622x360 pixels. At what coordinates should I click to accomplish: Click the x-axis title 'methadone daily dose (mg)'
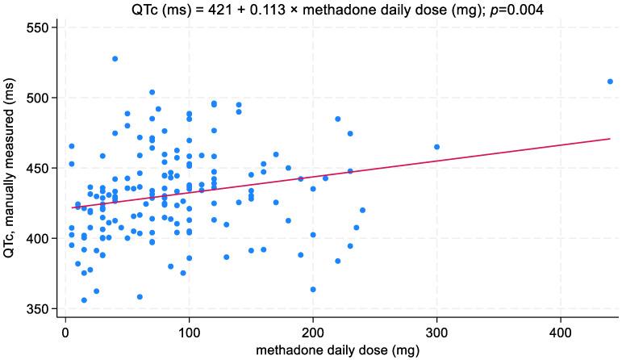337,351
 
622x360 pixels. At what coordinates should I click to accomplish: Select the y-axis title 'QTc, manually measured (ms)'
10,169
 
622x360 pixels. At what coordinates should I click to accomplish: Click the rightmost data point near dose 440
610,82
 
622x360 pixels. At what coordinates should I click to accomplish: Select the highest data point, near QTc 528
115,59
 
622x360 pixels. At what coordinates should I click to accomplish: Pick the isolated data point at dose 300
436,147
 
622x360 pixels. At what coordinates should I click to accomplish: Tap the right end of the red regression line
609,139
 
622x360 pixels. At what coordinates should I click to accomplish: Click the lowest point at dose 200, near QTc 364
313,289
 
